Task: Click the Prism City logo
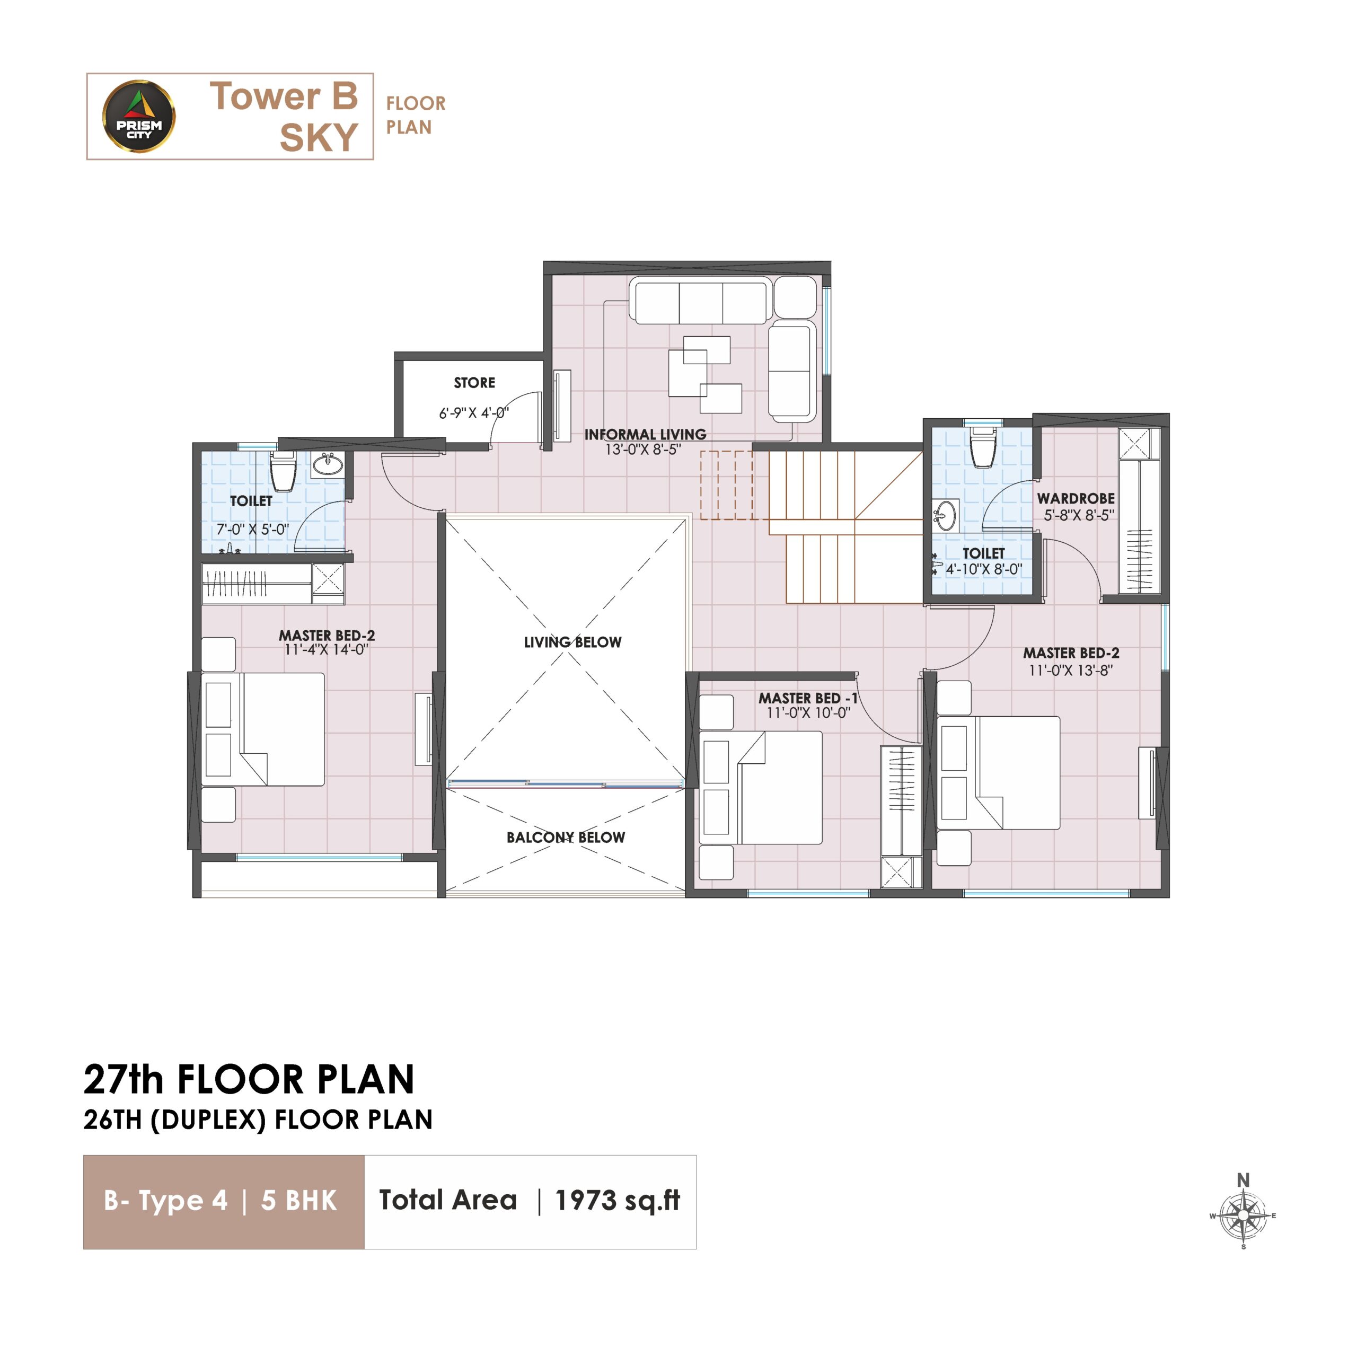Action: pyautogui.click(x=139, y=116)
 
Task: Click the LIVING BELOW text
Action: pyautogui.click(x=572, y=642)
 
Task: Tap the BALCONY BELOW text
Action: pyautogui.click(x=566, y=837)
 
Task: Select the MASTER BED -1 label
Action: pyautogui.click(x=808, y=698)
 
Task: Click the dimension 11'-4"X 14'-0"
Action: pyautogui.click(x=327, y=650)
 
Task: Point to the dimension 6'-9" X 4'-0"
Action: pyautogui.click(x=473, y=413)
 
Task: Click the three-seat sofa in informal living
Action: pyautogui.click(x=700, y=300)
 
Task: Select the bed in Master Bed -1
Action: pyautogui.click(x=761, y=787)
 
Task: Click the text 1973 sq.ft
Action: pyautogui.click(x=618, y=1201)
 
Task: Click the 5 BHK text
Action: pyautogui.click(x=298, y=1201)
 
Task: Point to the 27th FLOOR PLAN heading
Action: pyautogui.click(x=249, y=1080)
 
